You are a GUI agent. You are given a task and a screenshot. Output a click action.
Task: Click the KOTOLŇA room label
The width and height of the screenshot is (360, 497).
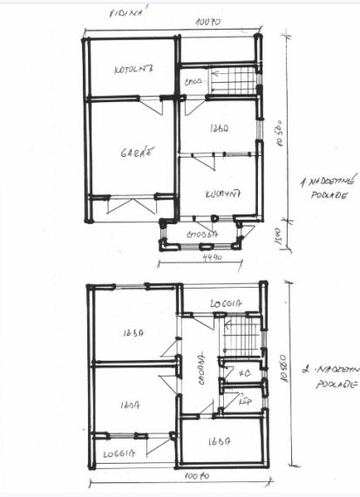tap(133, 69)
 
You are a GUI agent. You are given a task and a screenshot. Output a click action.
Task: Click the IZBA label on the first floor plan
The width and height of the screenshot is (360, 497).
tap(219, 128)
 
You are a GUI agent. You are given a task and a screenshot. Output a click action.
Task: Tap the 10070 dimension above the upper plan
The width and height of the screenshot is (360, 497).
tap(207, 18)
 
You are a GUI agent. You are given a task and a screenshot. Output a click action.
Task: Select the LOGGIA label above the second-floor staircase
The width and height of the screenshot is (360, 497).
tap(226, 303)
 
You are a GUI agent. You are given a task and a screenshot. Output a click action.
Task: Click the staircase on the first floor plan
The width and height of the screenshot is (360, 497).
tap(233, 81)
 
